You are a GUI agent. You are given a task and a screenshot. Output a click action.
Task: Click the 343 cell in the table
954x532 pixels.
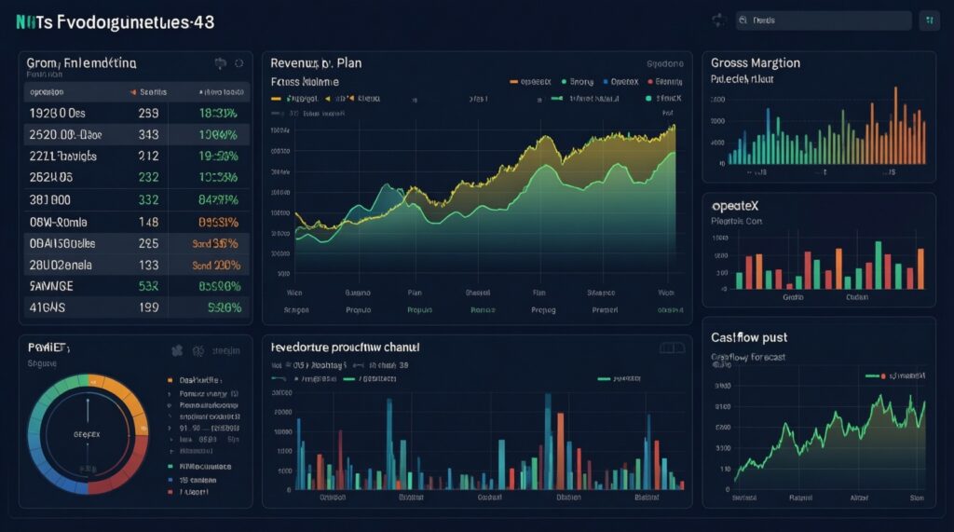[148, 134]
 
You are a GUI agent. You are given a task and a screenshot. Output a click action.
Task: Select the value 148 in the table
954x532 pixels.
[148, 222]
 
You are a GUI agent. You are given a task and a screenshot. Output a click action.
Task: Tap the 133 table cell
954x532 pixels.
[148, 265]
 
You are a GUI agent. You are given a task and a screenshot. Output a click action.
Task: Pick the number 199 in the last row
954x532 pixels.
[148, 307]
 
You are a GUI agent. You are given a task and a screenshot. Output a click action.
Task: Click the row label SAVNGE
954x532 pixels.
[53, 286]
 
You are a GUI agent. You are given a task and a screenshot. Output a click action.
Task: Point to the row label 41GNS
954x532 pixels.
[49, 307]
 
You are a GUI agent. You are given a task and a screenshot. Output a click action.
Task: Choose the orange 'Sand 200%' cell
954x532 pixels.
[216, 265]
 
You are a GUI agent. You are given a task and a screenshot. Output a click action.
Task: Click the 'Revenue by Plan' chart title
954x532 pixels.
[316, 63]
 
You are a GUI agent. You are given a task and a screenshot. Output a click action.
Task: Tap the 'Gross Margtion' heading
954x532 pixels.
[755, 63]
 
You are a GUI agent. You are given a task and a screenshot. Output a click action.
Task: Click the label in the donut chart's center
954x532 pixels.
[87, 434]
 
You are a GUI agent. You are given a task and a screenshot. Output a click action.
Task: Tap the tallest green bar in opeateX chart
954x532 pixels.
[878, 265]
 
